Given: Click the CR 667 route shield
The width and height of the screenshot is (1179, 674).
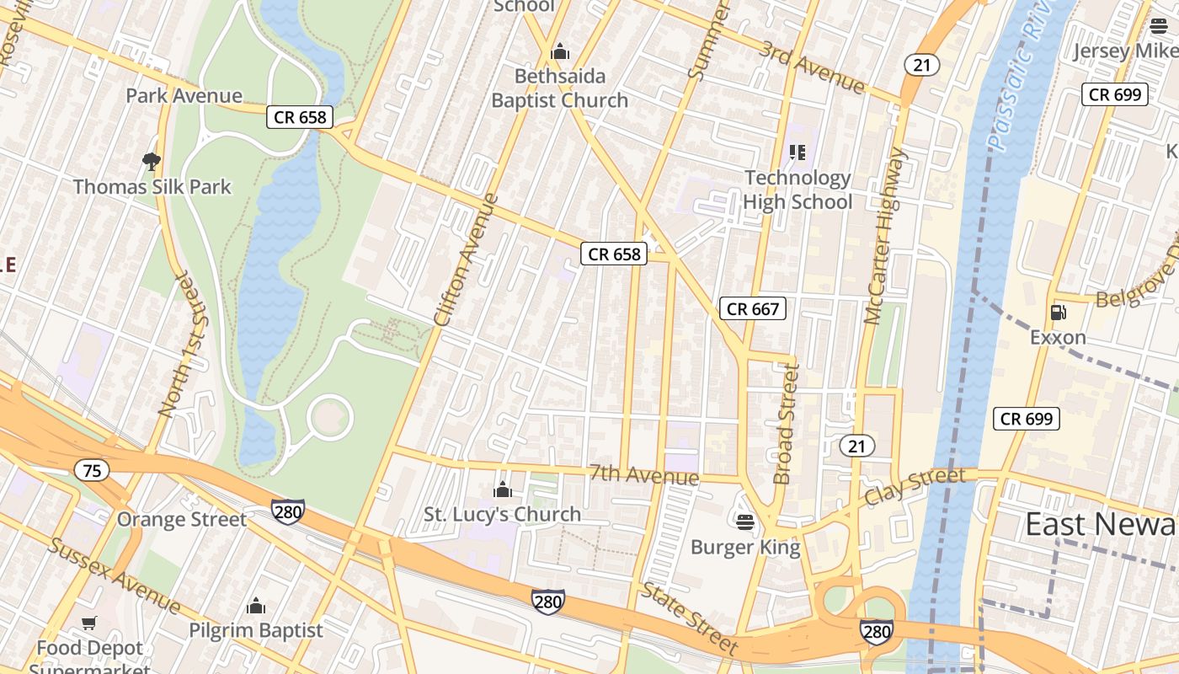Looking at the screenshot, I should pos(753,308).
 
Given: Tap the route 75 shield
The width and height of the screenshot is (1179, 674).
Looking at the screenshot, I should pos(92,470).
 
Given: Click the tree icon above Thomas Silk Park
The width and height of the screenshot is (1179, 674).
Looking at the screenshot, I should pos(152,161).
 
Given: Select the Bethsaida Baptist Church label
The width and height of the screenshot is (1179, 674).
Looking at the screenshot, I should pos(560,88).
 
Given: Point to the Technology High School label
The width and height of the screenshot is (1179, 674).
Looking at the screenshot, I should pos(798,190).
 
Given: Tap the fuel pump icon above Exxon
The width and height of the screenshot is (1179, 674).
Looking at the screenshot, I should pos(1058,313).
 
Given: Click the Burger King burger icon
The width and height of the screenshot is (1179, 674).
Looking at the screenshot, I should pos(744,522).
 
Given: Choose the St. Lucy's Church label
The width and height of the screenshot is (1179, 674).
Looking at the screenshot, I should pos(502,514).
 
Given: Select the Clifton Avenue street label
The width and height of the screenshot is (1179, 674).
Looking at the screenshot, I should pos(467,260).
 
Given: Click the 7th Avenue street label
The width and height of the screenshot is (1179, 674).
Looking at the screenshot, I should pos(644,475).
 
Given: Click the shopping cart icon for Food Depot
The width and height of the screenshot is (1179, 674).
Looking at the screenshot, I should pos(89,623).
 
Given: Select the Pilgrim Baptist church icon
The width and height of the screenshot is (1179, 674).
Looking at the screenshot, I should pos(256,607).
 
